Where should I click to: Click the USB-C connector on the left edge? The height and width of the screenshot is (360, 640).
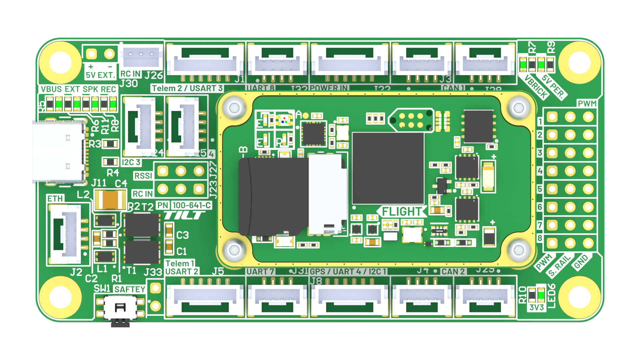[x=58, y=152]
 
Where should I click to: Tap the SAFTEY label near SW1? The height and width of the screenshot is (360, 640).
[x=130, y=289]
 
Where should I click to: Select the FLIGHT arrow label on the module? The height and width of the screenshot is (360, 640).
[x=402, y=212]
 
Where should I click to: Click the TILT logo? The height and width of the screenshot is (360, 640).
[x=184, y=216]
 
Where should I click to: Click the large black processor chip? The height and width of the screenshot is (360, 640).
[x=388, y=168]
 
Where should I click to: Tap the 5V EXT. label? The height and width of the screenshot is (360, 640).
[x=100, y=75]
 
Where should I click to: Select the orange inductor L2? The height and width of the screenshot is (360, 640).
[x=110, y=200]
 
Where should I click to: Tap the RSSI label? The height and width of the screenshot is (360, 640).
[x=143, y=176]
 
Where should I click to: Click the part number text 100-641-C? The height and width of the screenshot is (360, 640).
[x=192, y=205]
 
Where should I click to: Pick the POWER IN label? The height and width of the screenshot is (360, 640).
[x=329, y=88]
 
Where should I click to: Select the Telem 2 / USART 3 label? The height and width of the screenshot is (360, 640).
[x=187, y=88]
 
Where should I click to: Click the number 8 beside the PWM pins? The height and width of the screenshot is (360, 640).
[x=540, y=238]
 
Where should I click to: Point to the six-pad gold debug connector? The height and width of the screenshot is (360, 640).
[x=411, y=120]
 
